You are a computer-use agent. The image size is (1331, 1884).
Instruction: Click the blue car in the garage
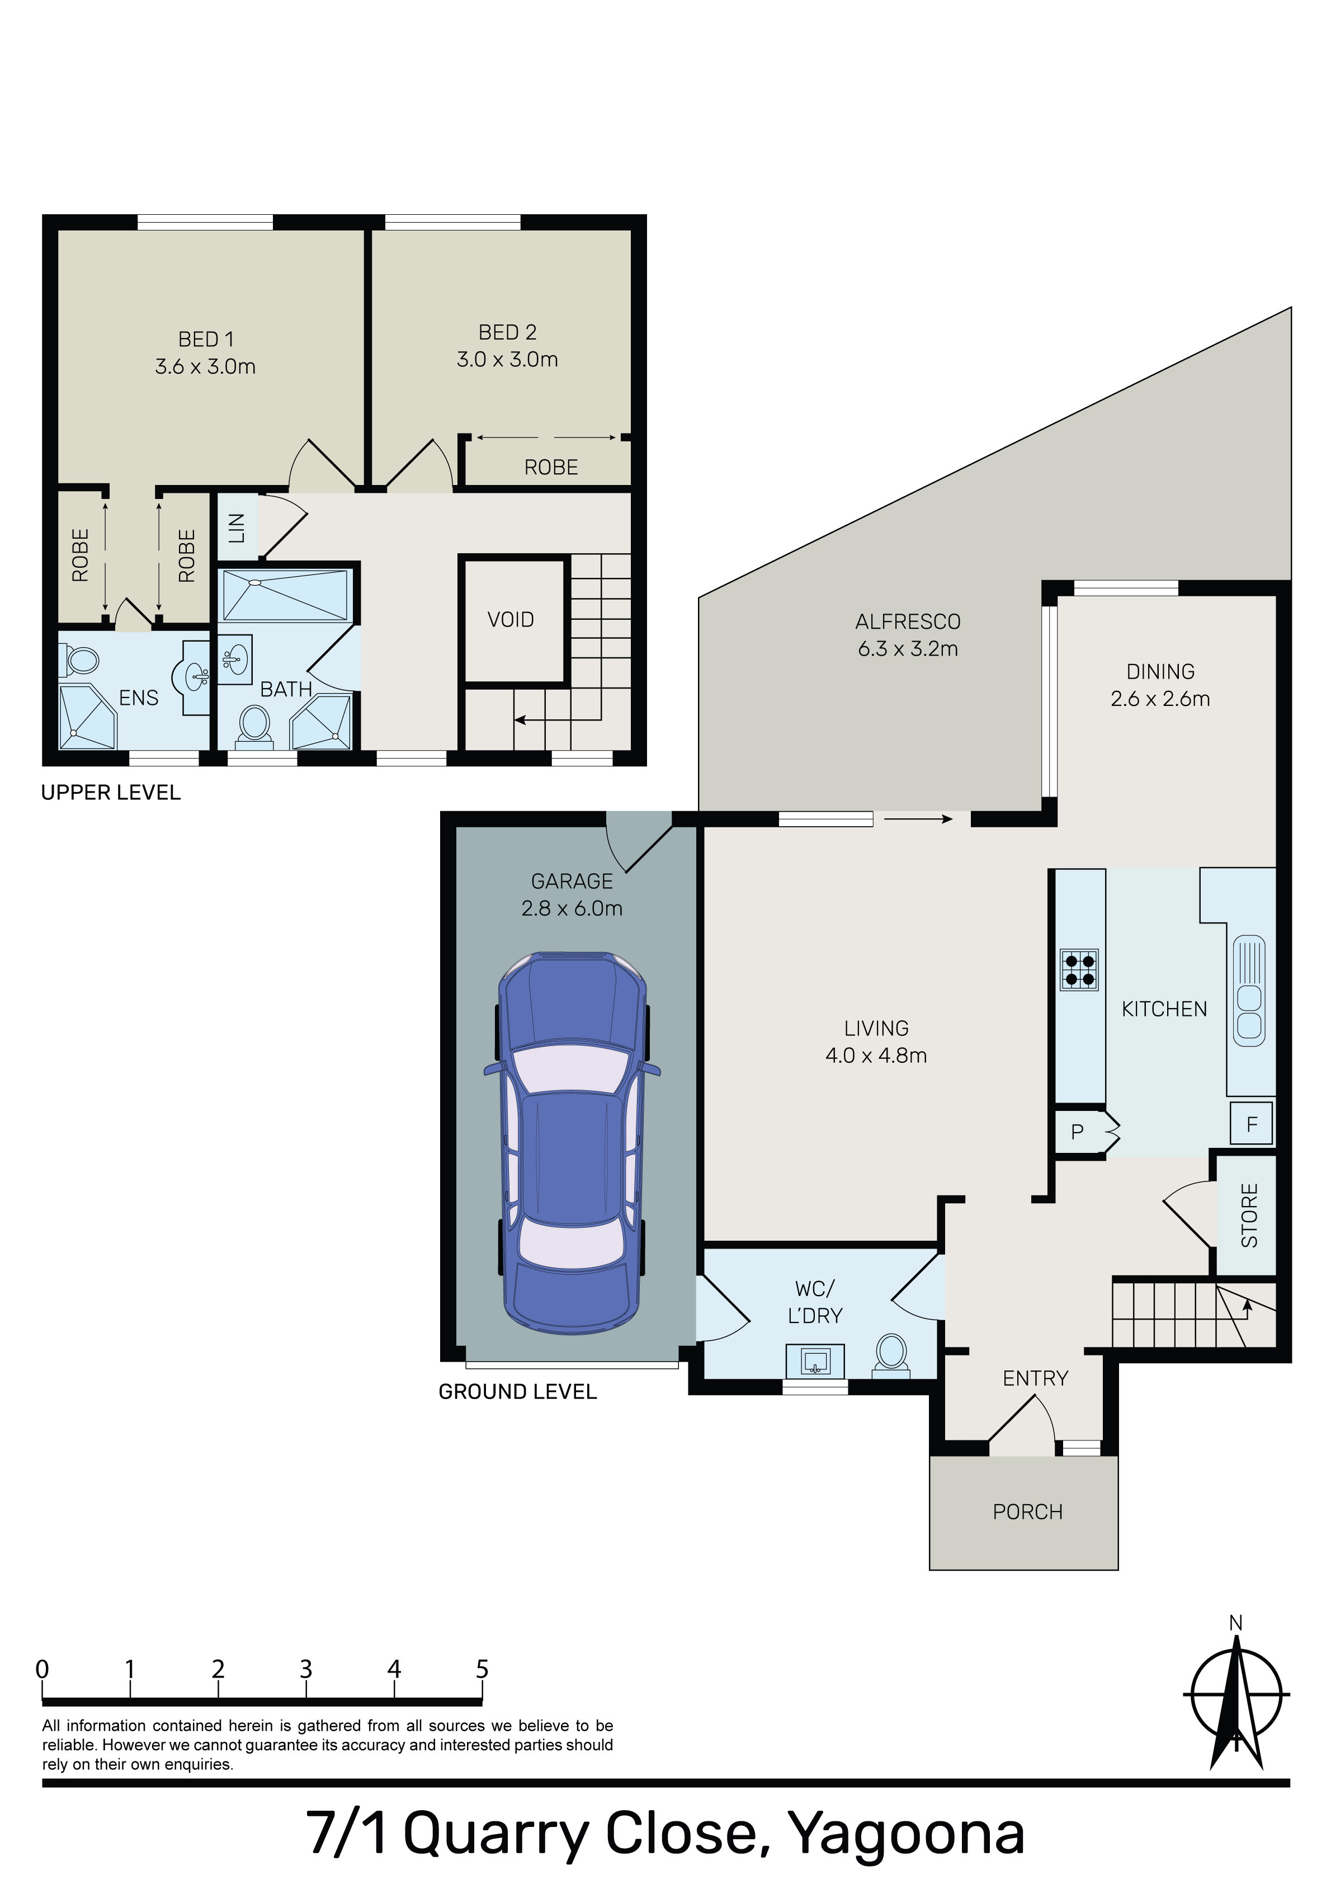click(x=572, y=1142)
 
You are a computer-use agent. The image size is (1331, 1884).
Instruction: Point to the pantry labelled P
click(x=1078, y=1132)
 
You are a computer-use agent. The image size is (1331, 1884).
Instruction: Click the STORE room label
click(x=1249, y=1216)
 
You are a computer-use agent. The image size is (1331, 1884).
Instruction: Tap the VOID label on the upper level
click(x=511, y=620)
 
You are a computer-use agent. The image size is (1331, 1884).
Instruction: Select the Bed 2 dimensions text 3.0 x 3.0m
click(x=507, y=360)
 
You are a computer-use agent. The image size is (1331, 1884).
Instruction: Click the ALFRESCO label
click(x=908, y=622)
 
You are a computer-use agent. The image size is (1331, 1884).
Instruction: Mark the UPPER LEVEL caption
click(x=111, y=793)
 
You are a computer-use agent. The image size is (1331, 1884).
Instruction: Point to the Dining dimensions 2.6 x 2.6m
click(x=1160, y=699)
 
